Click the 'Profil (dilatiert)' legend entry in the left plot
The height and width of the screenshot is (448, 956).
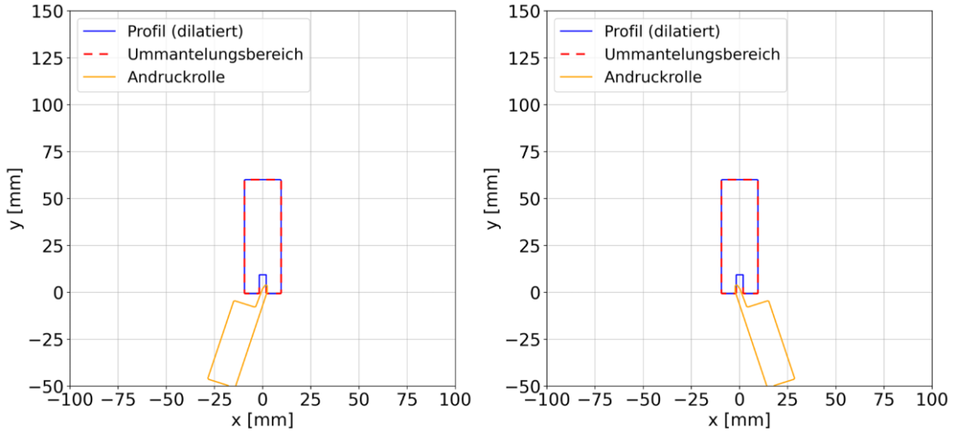click(184, 32)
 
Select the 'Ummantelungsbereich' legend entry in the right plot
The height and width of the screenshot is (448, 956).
click(692, 55)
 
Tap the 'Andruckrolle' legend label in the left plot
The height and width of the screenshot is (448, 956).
click(176, 77)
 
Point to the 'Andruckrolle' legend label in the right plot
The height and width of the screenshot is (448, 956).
click(652, 77)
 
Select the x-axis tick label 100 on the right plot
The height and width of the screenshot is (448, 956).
click(932, 400)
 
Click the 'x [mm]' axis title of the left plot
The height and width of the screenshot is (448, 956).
click(262, 419)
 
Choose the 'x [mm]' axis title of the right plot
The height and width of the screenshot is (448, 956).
click(739, 419)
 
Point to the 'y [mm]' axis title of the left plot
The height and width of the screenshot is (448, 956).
click(14, 199)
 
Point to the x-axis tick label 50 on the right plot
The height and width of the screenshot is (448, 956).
click(835, 400)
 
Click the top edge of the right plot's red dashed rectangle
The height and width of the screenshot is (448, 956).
click(740, 180)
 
